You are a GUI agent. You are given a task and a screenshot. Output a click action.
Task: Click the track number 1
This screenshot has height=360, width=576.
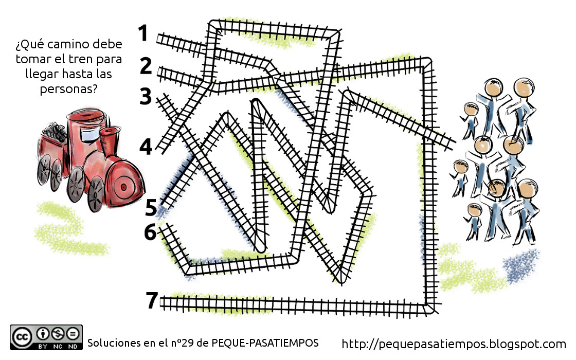point(143,33)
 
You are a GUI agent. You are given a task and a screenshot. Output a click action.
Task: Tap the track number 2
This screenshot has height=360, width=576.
point(146,66)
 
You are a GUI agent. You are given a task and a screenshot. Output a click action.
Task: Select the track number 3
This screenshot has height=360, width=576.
point(146,96)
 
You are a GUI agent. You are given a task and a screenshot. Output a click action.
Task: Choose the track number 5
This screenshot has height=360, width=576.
point(151,208)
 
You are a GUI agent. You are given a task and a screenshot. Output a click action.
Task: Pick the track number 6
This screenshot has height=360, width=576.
point(151,232)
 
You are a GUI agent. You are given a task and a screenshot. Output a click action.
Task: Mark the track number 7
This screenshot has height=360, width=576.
point(152,300)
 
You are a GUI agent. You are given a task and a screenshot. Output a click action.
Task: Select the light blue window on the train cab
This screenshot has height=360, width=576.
point(89,134)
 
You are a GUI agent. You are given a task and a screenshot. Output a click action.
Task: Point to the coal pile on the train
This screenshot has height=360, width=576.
point(55,131)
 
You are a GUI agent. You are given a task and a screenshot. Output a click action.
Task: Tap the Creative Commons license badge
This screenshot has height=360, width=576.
point(46,337)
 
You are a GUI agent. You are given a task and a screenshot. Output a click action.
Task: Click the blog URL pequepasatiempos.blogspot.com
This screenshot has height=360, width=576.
point(454,344)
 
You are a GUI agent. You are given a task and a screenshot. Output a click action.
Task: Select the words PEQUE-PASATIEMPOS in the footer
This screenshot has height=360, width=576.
point(265,343)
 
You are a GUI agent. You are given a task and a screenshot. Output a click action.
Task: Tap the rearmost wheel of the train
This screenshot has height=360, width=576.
point(44,169)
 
